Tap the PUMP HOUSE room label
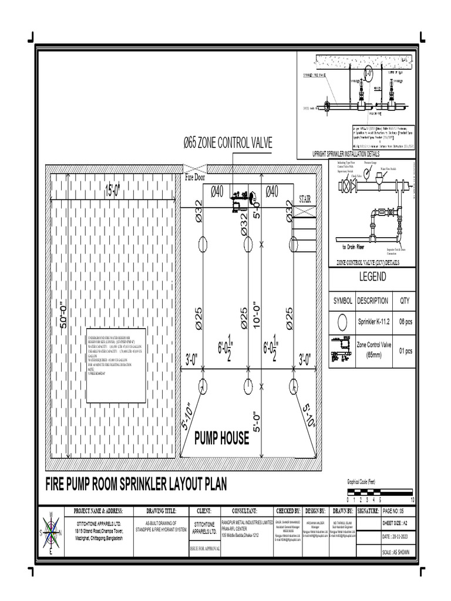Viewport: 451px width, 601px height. point(221,438)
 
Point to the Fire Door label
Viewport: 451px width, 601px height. point(197,177)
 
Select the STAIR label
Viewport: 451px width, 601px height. point(305,199)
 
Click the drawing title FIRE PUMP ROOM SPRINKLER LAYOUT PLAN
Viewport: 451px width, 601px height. point(136,484)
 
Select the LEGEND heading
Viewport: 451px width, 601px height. point(372,276)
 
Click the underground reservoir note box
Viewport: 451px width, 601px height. point(116,365)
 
